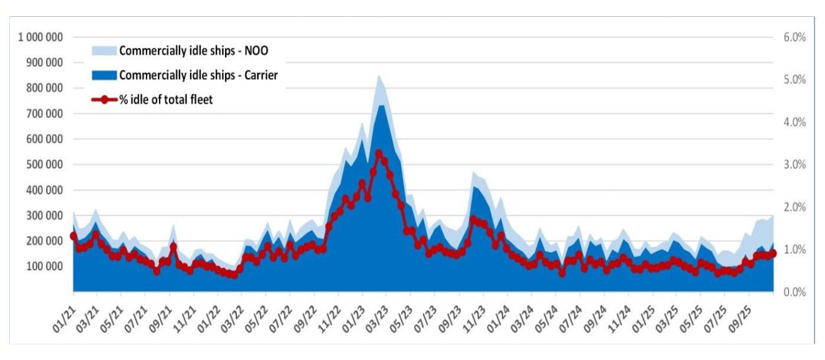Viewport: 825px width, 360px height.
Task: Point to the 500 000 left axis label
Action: click(x=45, y=165)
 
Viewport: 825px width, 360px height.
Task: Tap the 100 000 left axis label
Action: click(x=45, y=266)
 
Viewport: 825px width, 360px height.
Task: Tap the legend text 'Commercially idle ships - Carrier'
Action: click(x=198, y=75)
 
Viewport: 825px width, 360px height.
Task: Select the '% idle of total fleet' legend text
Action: click(x=166, y=99)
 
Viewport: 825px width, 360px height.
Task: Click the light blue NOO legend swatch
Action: click(x=104, y=51)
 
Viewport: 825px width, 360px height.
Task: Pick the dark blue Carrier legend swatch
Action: click(x=104, y=75)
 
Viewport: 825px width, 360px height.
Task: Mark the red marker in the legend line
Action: click(x=105, y=99)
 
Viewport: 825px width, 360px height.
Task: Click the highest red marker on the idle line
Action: click(x=379, y=153)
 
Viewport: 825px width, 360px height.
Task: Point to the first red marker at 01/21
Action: click(x=74, y=236)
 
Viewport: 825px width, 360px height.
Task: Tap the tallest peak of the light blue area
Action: click(x=379, y=75)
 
